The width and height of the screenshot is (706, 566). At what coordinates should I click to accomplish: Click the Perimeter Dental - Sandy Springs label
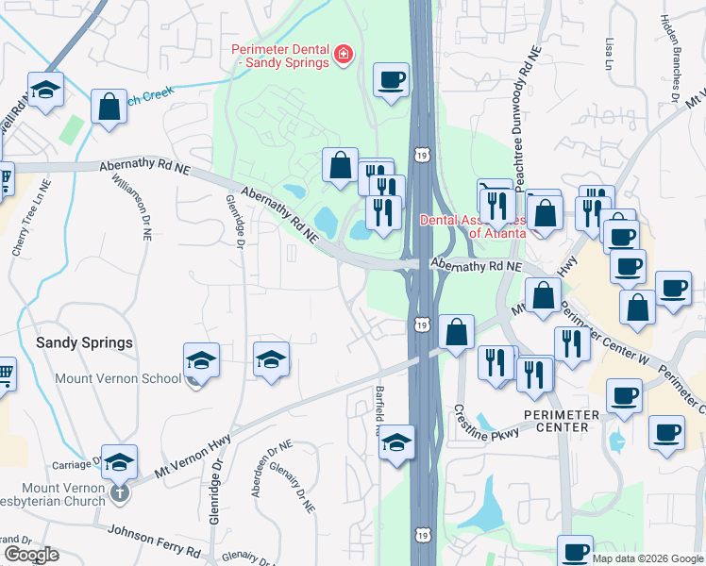click(x=281, y=56)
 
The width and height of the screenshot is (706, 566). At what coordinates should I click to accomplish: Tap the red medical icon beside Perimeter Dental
click(x=343, y=55)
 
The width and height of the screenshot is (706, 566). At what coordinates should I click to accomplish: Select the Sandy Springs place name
click(x=84, y=342)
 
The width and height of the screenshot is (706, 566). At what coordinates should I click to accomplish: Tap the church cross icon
click(x=119, y=491)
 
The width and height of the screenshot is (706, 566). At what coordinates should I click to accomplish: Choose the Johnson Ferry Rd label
click(x=155, y=541)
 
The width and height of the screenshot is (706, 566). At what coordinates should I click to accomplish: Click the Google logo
click(x=30, y=555)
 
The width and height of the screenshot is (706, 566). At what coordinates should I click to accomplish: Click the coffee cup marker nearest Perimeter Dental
click(x=391, y=80)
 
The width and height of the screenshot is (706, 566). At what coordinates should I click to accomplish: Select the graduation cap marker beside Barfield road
click(x=397, y=442)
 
